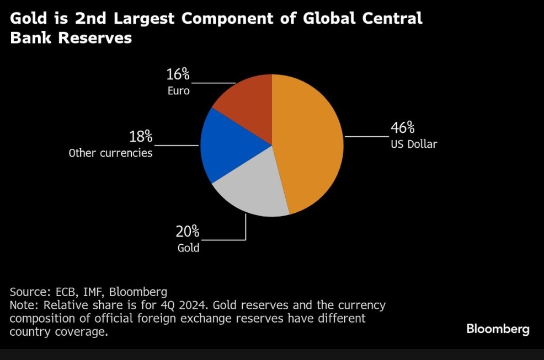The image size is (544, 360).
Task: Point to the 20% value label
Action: click(188, 232)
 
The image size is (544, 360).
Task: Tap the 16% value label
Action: click(178, 74)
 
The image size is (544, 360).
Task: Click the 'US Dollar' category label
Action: click(414, 144)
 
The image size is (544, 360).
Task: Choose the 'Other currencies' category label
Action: click(110, 153)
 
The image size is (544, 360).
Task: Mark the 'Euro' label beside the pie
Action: click(178, 90)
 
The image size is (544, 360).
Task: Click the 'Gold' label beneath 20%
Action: click(188, 248)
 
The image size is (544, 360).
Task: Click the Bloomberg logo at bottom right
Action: click(498, 329)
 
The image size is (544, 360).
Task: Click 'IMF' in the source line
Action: click(91, 292)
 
